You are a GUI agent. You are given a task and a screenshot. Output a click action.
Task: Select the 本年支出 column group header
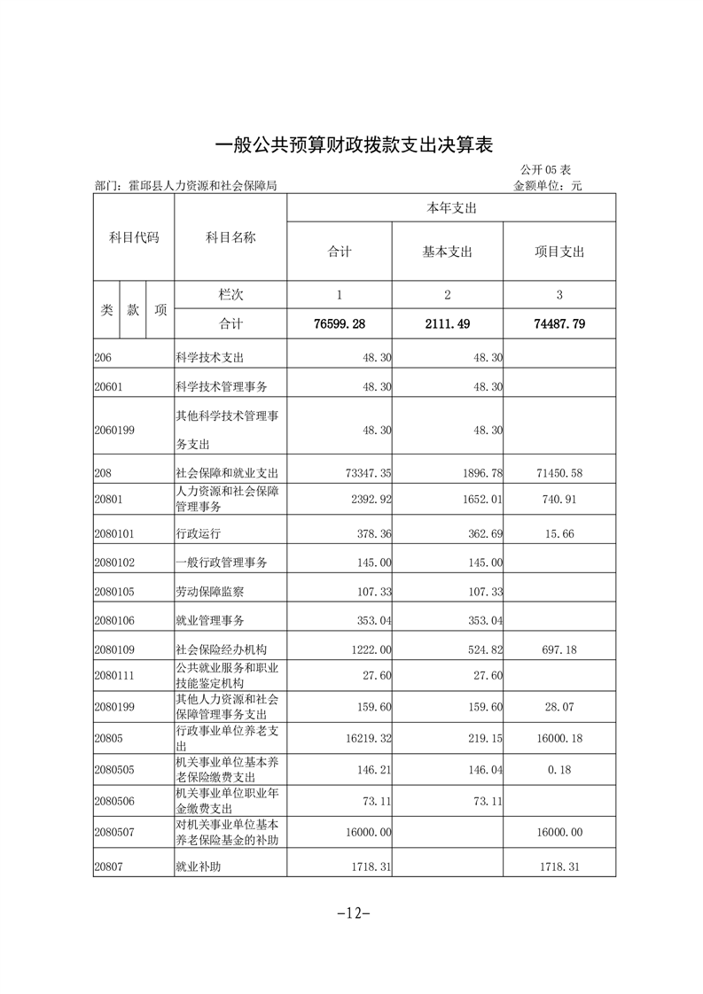click(451, 208)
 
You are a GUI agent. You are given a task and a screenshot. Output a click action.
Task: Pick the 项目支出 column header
click(559, 252)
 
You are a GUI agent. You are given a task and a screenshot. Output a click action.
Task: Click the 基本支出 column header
click(448, 252)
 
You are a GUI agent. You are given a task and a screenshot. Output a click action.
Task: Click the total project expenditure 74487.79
click(559, 324)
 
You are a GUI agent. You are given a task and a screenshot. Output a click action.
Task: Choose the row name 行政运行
click(198, 534)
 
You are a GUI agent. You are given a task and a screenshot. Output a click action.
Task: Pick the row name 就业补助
click(198, 866)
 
